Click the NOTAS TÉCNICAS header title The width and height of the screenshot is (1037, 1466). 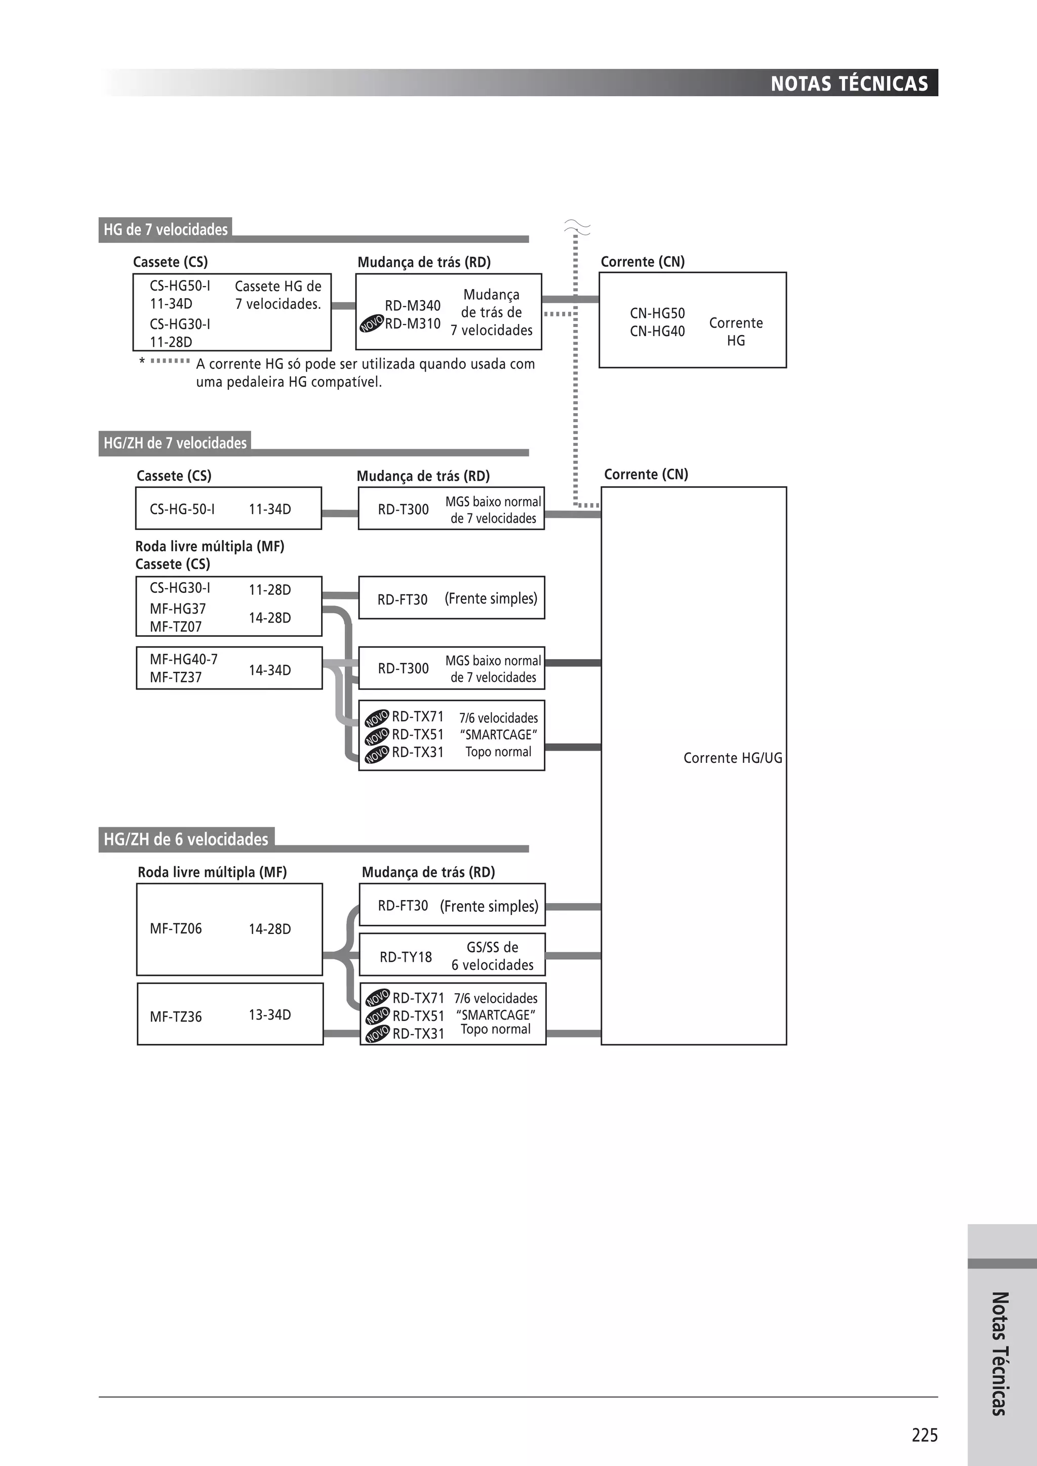tap(849, 84)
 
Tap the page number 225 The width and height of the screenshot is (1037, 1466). tap(924, 1435)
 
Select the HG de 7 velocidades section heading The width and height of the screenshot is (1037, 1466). tap(166, 230)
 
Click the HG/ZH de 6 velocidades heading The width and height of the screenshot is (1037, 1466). tap(186, 839)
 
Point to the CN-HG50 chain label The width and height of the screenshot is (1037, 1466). tap(657, 313)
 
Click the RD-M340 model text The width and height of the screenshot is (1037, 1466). tap(413, 306)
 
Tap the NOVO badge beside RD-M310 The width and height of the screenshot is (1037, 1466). tap(371, 323)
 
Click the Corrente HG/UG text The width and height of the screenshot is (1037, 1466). tap(732, 758)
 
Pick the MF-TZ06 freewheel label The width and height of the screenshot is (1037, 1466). tap(176, 928)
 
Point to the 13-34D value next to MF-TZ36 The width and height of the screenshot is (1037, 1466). tap(269, 1014)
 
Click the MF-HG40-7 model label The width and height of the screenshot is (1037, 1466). tap(183, 660)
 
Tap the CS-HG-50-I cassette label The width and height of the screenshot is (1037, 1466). tap(182, 509)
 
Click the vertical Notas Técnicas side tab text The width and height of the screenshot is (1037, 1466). tap(1000, 1353)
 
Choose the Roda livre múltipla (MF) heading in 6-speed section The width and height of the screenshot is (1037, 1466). tap(212, 872)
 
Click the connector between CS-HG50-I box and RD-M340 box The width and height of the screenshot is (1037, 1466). tap(343, 306)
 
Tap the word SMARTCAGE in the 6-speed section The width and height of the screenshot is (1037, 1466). tap(496, 1014)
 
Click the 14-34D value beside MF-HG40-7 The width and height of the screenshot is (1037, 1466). tap(269, 670)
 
